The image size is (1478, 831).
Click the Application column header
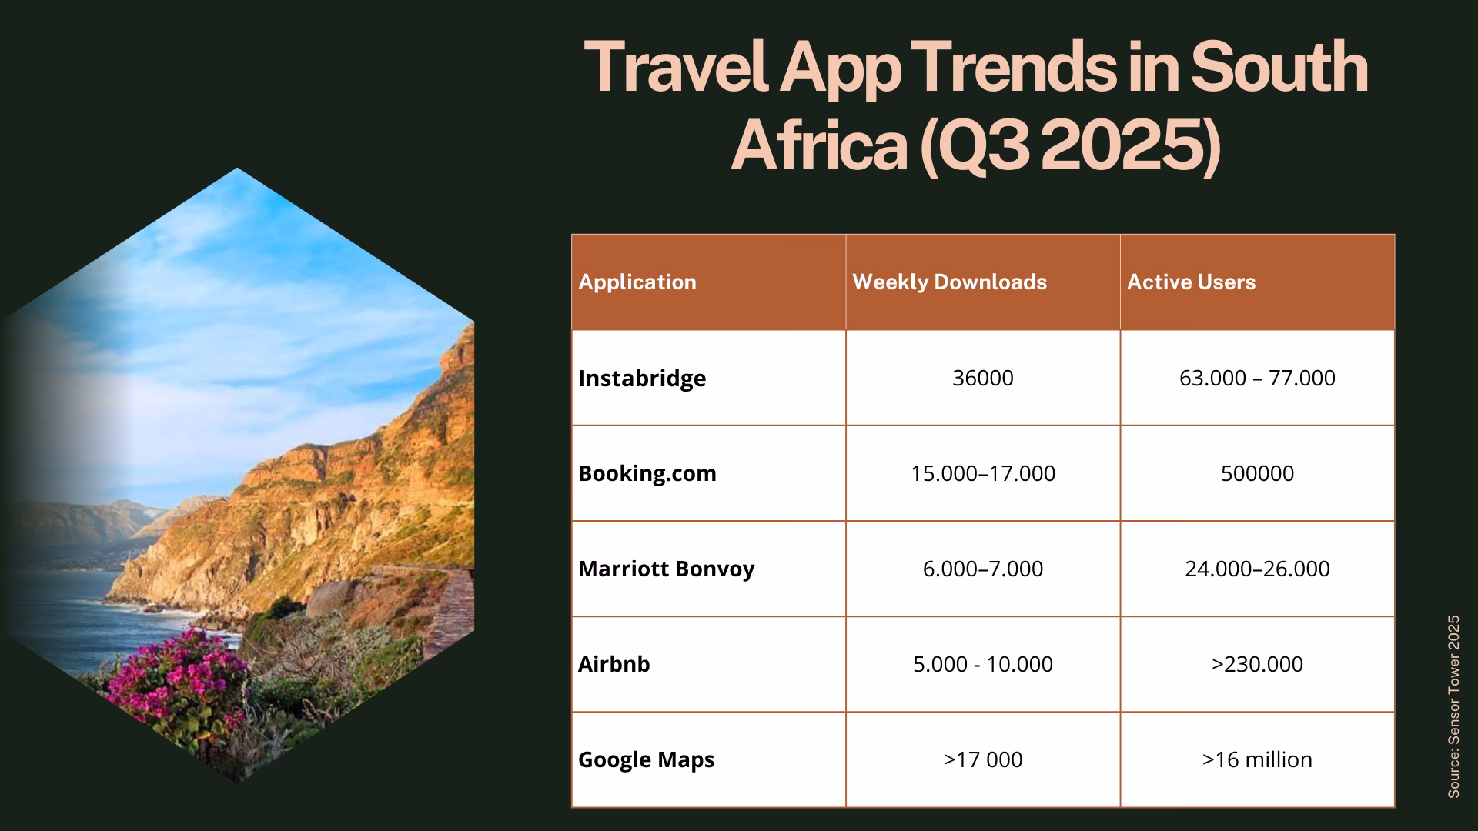pyautogui.click(x=637, y=282)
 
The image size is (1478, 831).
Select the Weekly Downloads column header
pyautogui.click(x=949, y=282)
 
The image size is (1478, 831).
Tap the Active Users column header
pyautogui.click(x=1191, y=282)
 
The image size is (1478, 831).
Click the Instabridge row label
pyautogui.click(x=642, y=379)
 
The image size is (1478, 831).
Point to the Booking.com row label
pyautogui.click(x=647, y=473)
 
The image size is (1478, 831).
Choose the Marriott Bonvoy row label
pyautogui.click(x=666, y=569)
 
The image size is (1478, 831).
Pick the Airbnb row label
pyautogui.click(x=614, y=664)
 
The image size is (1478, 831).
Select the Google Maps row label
pyautogui.click(x=646, y=760)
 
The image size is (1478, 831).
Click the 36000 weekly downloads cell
pyautogui.click(x=982, y=379)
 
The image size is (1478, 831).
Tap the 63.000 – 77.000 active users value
pyautogui.click(x=1257, y=379)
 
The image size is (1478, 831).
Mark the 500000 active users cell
pyautogui.click(x=1257, y=473)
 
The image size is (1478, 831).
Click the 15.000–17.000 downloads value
pyautogui.click(x=982, y=473)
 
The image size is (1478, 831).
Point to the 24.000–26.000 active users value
pyautogui.click(x=1257, y=569)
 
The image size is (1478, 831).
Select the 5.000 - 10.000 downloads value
pyautogui.click(x=982, y=664)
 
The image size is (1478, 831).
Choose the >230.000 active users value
pyautogui.click(x=1257, y=664)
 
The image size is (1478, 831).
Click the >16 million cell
pyautogui.click(x=1257, y=760)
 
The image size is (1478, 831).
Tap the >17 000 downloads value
pyautogui.click(x=982, y=760)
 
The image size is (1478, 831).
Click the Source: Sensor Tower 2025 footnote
pyautogui.click(x=1453, y=706)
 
